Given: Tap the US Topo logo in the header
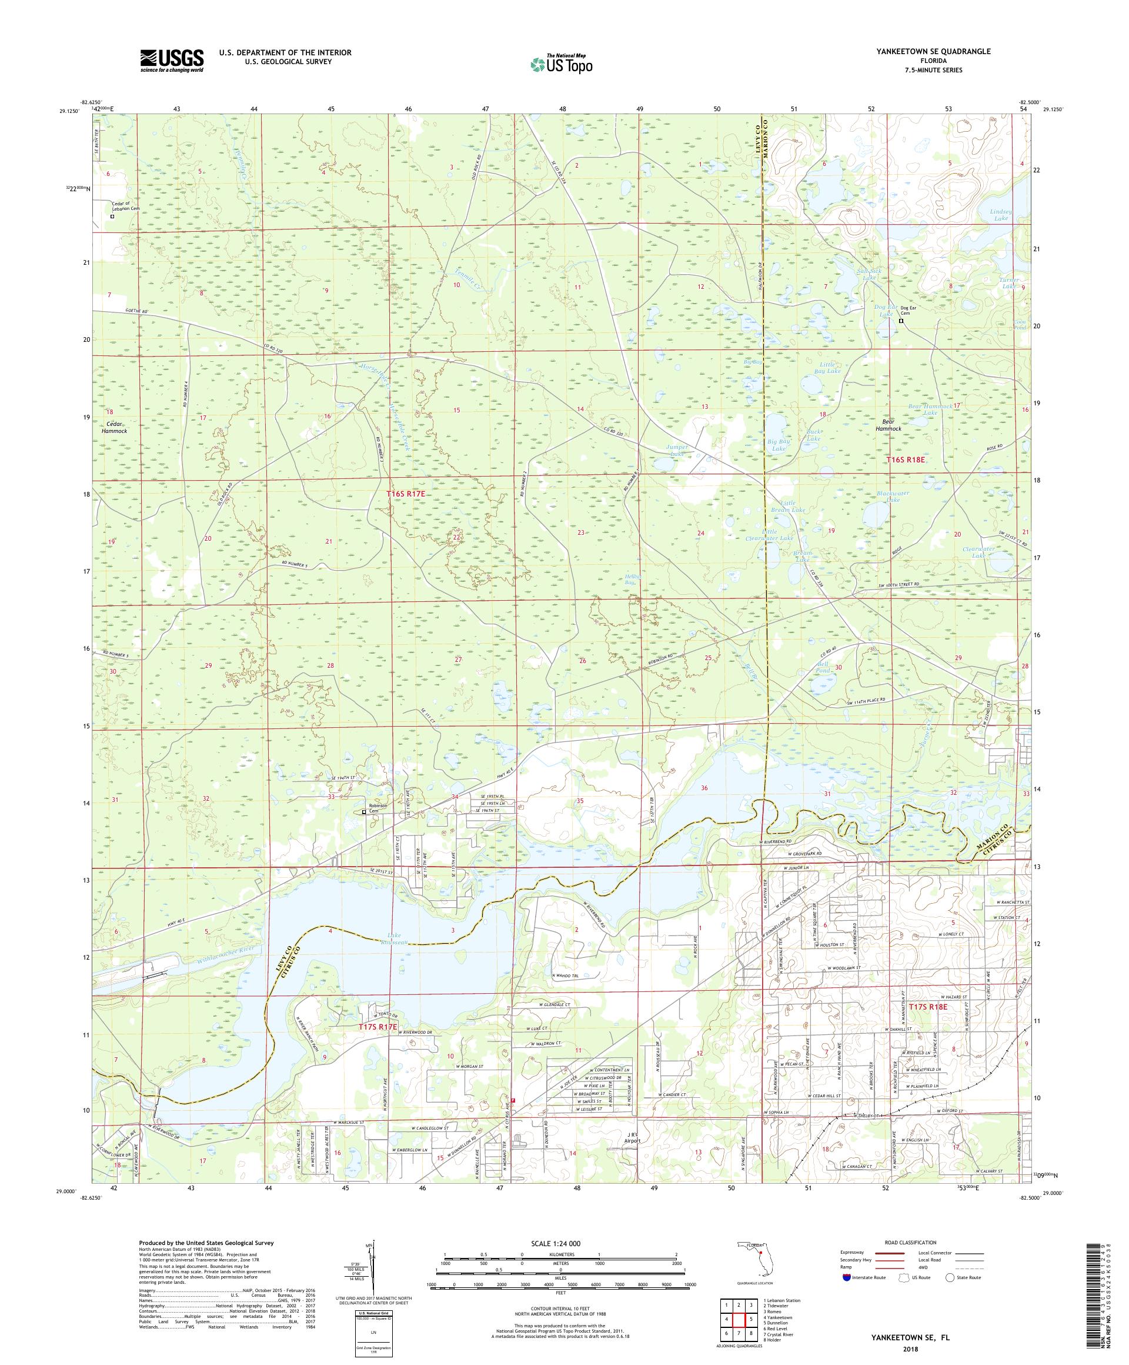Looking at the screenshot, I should click(x=562, y=63).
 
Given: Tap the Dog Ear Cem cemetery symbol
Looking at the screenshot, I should click(x=901, y=321).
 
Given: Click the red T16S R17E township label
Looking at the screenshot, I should click(x=406, y=494).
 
